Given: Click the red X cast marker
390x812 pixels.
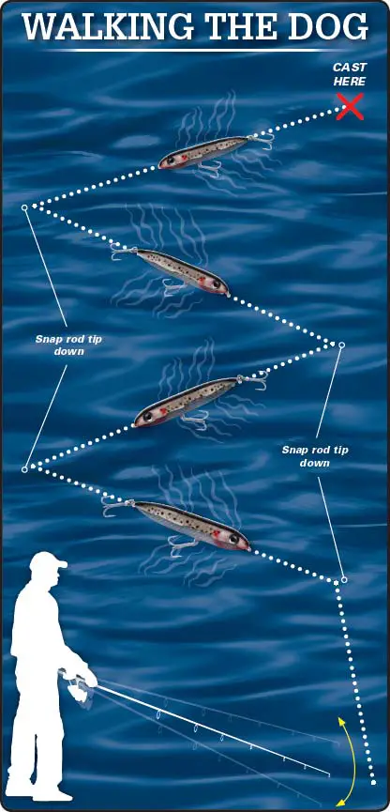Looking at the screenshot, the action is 350,107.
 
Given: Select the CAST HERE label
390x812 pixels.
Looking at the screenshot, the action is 350,74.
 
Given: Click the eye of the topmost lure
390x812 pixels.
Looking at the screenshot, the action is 169,161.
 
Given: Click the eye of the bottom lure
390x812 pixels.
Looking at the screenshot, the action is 236,539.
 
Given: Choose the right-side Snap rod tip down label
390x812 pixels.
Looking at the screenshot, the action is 314,455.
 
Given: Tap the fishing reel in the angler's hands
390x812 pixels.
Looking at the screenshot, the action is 79,689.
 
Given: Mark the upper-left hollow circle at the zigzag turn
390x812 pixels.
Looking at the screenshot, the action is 24,207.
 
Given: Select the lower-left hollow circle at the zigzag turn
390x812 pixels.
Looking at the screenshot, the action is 24,469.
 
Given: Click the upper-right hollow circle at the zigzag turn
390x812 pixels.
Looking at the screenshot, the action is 341,345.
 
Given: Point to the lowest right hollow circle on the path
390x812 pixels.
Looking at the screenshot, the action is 344,579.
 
